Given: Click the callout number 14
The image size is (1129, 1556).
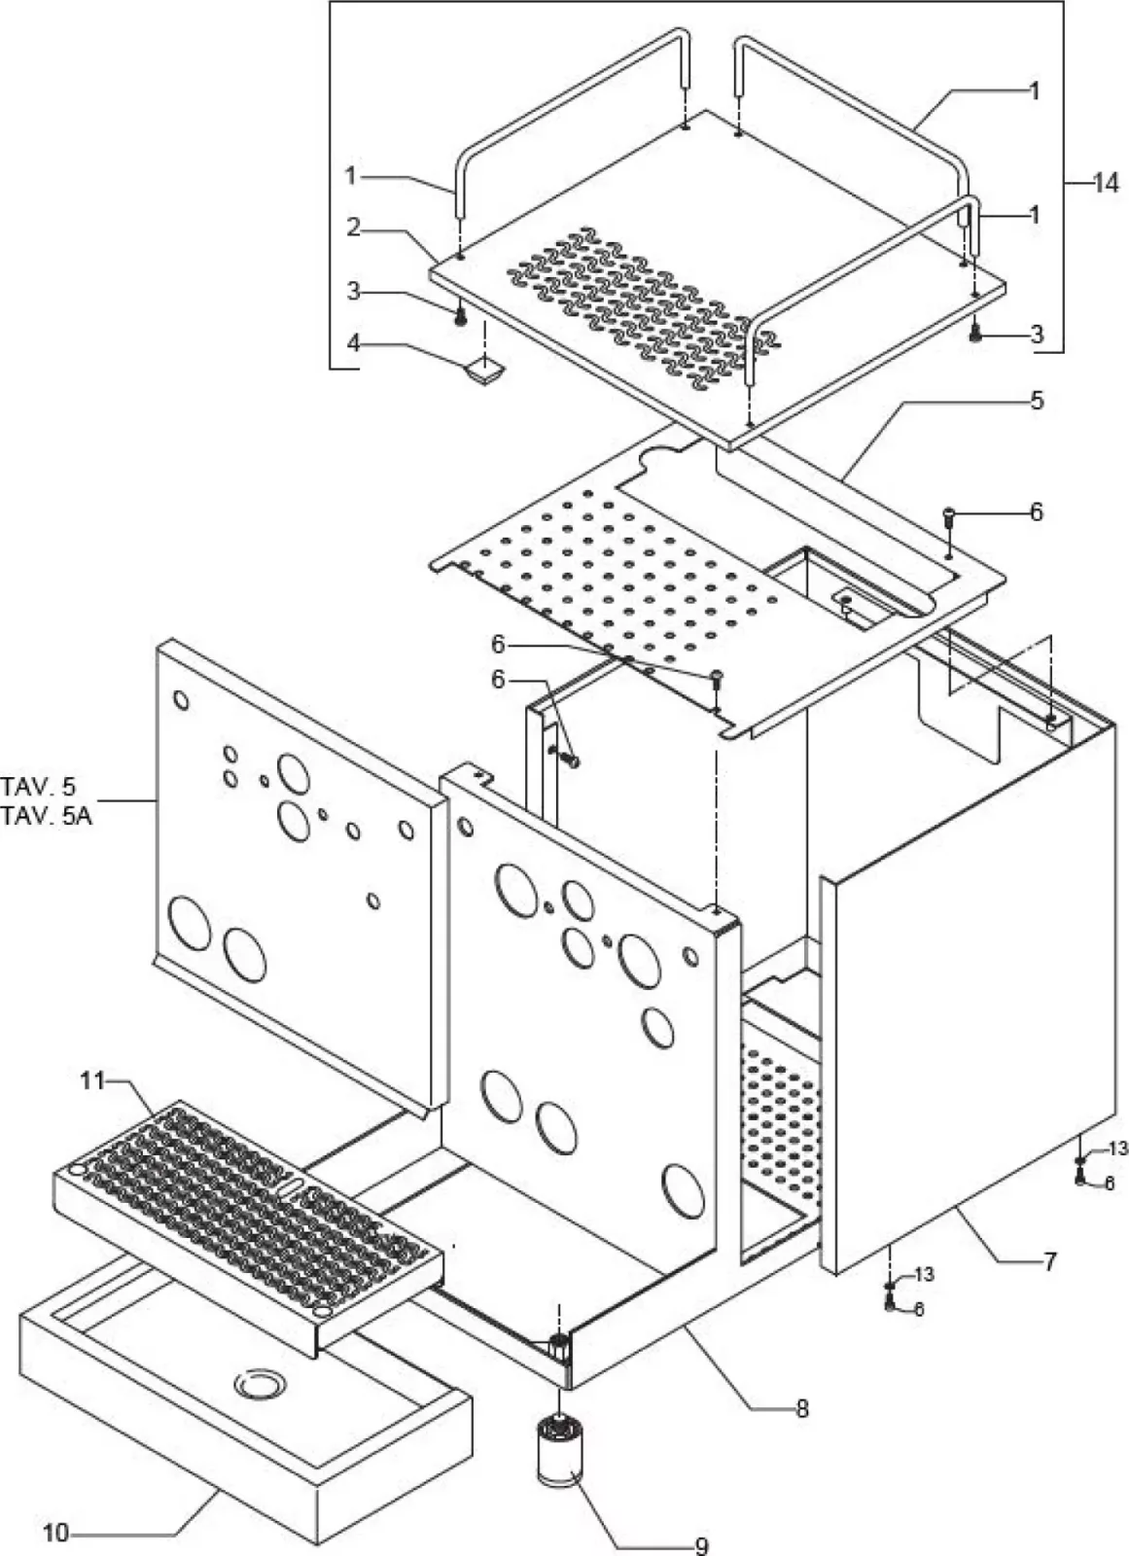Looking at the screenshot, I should [1106, 182].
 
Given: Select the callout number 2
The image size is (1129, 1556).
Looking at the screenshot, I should [354, 228].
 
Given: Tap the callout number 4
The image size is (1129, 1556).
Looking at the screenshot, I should [354, 344].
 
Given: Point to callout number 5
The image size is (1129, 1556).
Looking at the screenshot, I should [1037, 400].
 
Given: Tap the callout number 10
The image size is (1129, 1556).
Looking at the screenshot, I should [56, 1534].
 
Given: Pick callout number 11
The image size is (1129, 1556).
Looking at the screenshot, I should [91, 1080].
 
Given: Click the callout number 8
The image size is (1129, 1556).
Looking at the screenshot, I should [801, 1408].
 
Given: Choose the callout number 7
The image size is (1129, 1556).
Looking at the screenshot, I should [1048, 1262].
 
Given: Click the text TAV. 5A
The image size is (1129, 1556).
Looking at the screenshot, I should [47, 815].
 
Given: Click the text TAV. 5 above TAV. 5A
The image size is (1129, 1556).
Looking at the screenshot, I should [39, 786].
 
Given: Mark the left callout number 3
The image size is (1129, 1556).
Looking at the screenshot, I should [354, 291].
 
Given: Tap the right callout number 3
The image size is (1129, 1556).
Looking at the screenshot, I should [1037, 335].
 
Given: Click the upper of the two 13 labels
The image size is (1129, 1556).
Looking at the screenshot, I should [1117, 1149].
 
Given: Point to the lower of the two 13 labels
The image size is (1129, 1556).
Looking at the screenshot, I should [923, 1274].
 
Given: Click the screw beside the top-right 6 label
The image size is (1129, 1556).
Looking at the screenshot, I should [949, 515].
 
